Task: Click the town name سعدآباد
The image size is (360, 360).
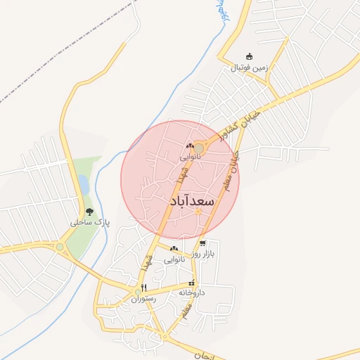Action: pyautogui.click(x=191, y=201)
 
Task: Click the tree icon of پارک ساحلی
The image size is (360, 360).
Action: pyautogui.click(x=89, y=212)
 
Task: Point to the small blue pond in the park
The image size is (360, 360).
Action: pyautogui.click(x=84, y=185)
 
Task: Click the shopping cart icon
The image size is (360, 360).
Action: pyautogui.click(x=202, y=243)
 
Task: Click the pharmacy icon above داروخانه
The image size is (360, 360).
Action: pyautogui.click(x=192, y=283)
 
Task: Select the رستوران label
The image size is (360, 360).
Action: pyautogui.click(x=143, y=298)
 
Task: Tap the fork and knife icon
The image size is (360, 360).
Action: pyautogui.click(x=143, y=288)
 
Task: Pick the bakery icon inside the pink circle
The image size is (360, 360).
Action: pyautogui.click(x=188, y=147)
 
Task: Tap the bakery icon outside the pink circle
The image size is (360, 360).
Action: pyautogui.click(x=173, y=249)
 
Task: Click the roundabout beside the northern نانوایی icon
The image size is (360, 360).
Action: pyautogui.click(x=199, y=148)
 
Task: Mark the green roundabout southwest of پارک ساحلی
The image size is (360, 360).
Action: pyautogui.click(x=60, y=247)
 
